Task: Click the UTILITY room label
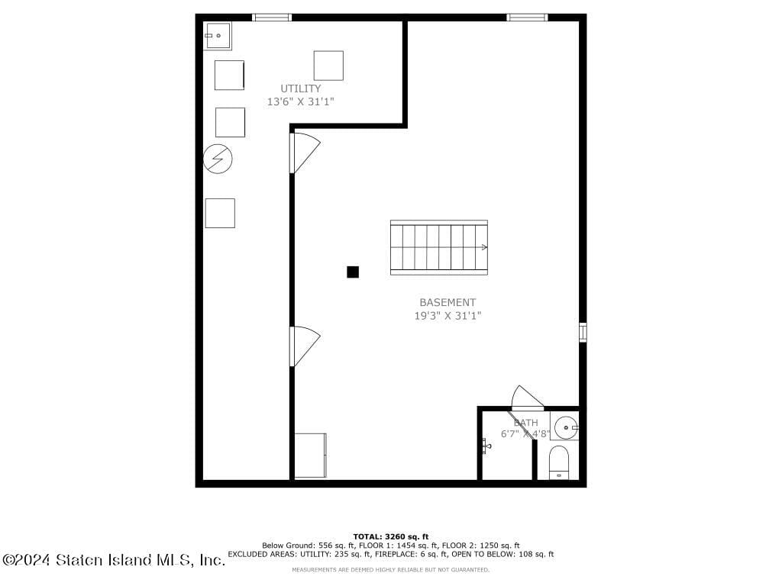point(300,89)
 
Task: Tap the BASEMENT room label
point(448,302)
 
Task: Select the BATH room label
point(525,423)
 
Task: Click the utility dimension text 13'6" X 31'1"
point(300,101)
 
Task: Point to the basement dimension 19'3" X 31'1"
point(448,315)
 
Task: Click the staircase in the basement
point(438,247)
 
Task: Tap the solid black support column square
point(353,272)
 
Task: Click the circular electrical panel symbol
point(218,159)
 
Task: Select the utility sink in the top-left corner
point(217,35)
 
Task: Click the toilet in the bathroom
point(559,462)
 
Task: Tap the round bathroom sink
point(566,427)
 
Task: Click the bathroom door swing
point(527,398)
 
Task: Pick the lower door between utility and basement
point(305,345)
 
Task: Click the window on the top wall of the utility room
point(272,17)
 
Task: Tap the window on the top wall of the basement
point(527,17)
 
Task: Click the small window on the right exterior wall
point(583,332)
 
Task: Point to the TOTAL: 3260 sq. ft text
point(390,536)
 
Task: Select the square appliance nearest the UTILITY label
point(328,65)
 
